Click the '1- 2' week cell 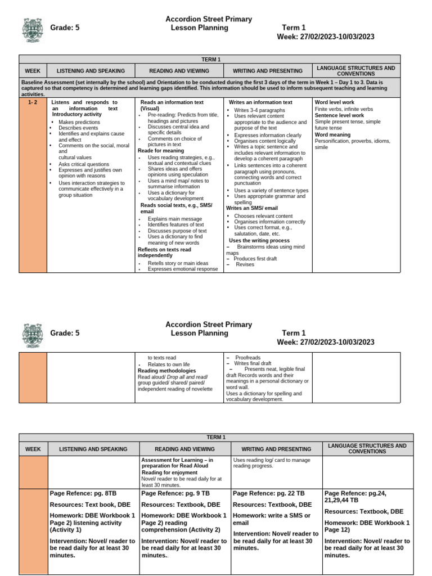[33, 103]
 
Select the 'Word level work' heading [335, 102]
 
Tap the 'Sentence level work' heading [339, 115]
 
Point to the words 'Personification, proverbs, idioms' [351, 141]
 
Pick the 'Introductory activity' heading [76, 115]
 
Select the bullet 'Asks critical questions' [84, 164]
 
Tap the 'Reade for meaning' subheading [161, 151]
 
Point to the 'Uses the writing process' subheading [259, 240]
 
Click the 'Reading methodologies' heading [166, 371]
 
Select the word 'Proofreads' [248, 357]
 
